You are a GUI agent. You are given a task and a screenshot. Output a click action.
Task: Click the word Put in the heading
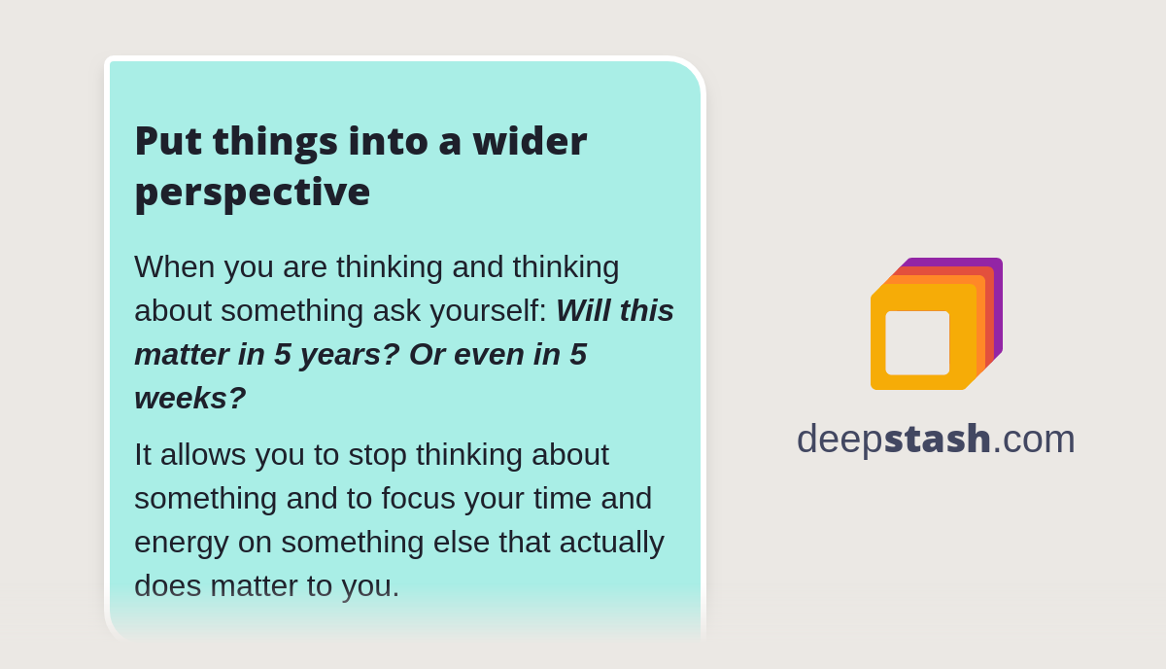point(167,141)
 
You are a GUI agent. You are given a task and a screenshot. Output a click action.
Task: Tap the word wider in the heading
point(530,141)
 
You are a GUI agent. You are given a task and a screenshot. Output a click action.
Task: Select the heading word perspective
point(252,192)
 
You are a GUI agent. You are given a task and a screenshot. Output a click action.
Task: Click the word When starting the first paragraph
point(175,266)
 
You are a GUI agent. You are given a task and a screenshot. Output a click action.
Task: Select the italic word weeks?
point(189,398)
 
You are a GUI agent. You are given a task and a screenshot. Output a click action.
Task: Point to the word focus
point(418,498)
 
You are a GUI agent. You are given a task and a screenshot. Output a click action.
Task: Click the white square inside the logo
point(917,342)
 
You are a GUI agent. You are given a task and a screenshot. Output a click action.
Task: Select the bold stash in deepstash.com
point(937,439)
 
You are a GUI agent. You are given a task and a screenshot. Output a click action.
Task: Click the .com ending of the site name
point(1034,439)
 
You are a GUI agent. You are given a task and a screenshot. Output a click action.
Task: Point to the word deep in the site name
point(840,440)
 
